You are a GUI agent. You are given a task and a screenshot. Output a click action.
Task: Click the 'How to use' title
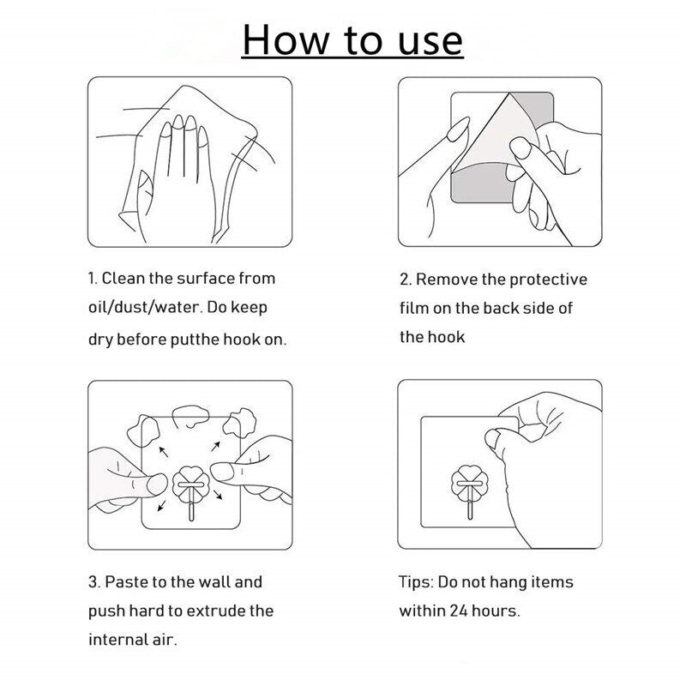click(352, 40)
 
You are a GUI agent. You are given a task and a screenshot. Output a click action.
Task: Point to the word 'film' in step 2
click(414, 308)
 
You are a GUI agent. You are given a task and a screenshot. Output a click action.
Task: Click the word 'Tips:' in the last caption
click(416, 583)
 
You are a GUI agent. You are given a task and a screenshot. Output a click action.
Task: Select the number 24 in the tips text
click(459, 611)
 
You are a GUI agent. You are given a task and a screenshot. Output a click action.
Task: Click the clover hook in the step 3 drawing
click(190, 490)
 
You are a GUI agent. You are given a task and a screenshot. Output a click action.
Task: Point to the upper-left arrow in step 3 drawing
click(163, 452)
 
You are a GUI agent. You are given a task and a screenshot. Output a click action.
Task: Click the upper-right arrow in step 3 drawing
click(215, 446)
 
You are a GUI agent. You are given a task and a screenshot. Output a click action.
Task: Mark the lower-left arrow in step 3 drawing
click(161, 506)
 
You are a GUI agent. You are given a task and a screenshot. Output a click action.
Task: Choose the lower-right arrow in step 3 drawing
click(218, 495)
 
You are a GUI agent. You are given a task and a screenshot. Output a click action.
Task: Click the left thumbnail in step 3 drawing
click(157, 484)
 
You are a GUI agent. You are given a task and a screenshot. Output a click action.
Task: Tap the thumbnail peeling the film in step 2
click(521, 147)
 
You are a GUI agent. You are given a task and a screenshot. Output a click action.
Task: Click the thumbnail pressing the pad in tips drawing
click(492, 439)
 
